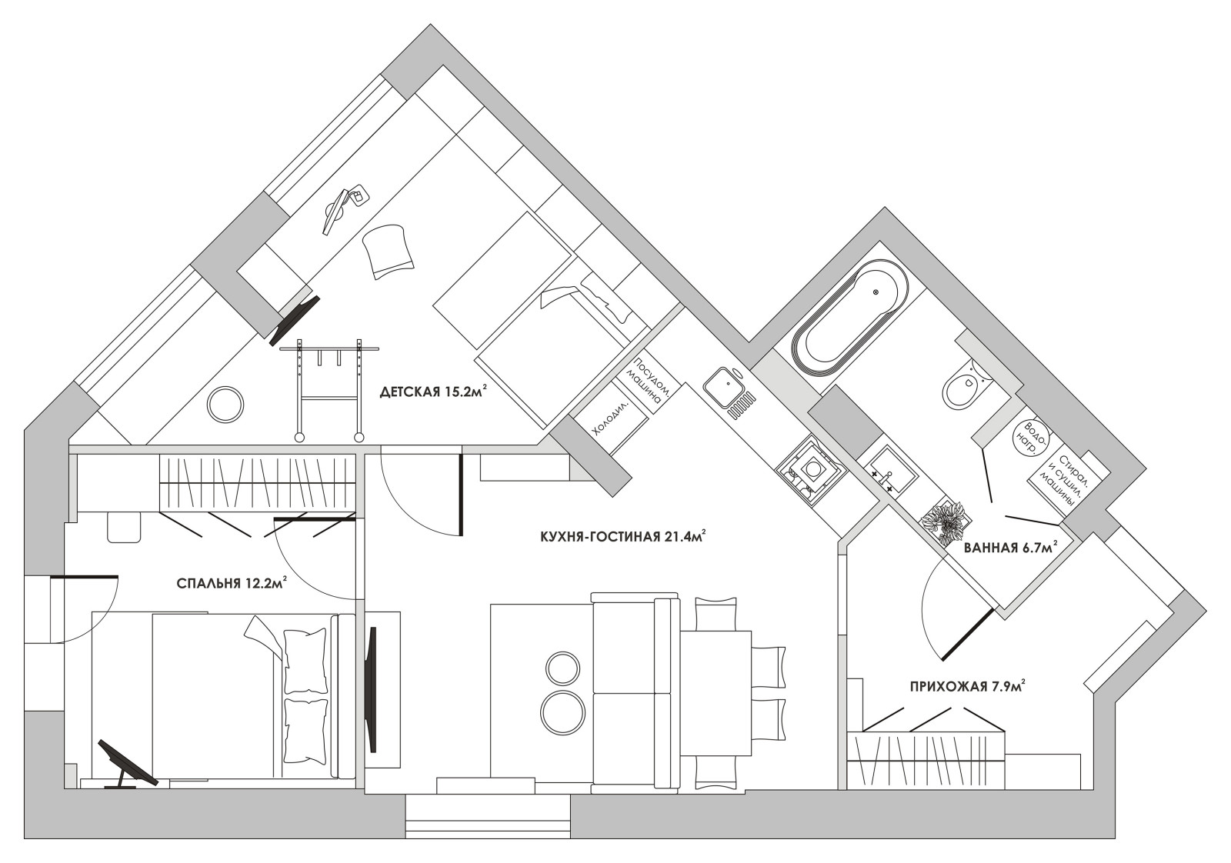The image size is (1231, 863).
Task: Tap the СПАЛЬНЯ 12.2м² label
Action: [232, 582]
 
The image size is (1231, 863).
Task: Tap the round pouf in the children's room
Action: [225, 405]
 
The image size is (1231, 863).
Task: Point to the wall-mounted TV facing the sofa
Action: [372, 690]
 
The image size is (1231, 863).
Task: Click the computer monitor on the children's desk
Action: [335, 212]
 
